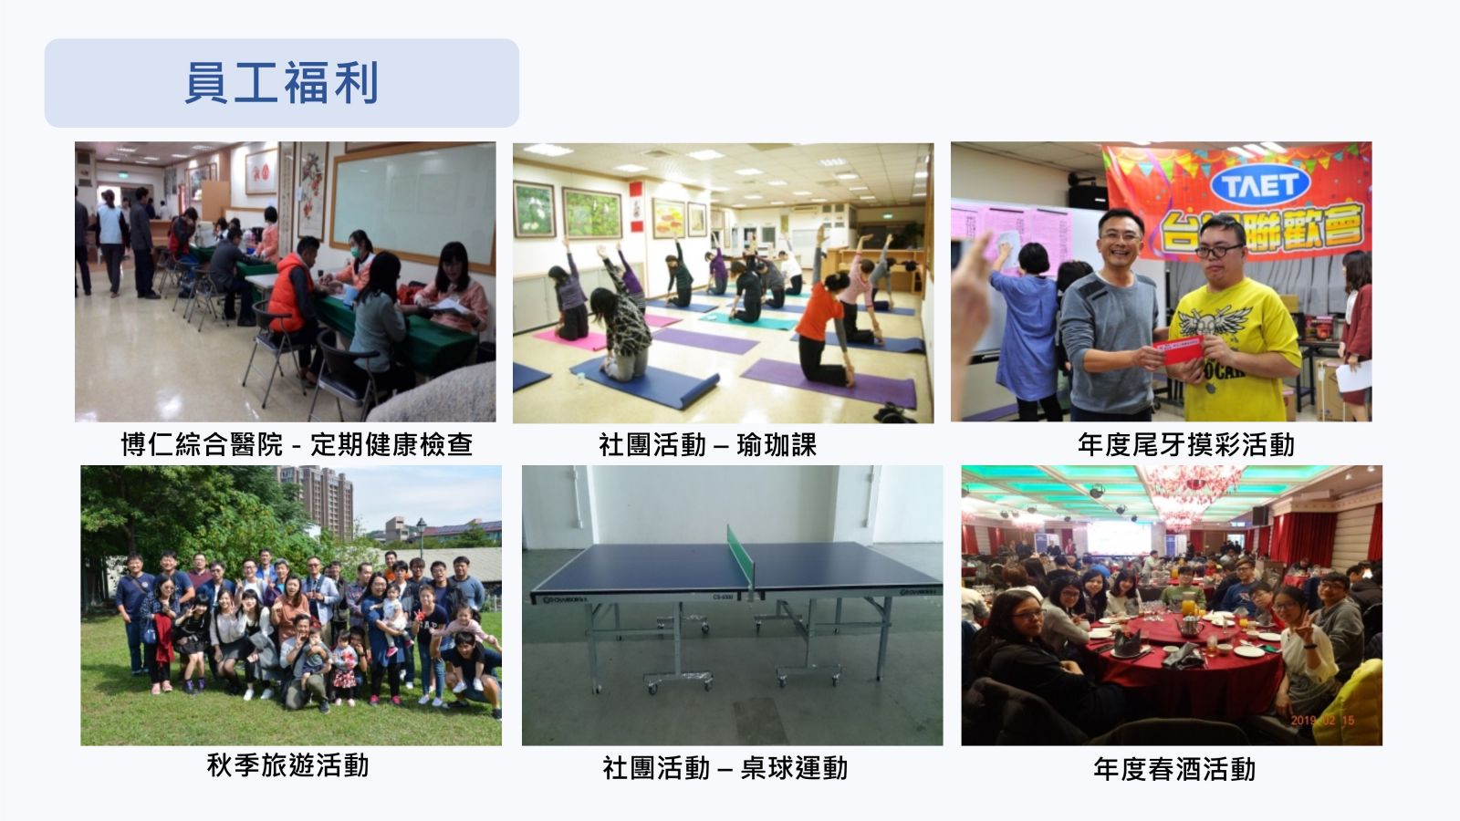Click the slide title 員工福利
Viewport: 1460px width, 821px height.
pos(282,83)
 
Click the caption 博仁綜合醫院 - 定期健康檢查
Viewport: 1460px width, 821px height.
pos(297,445)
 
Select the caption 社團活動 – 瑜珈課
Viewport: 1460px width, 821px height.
pos(707,445)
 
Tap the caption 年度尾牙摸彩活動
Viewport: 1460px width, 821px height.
pos(1185,445)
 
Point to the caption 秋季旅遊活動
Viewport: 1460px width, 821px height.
pos(288,765)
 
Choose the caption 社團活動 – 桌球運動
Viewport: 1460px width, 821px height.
pos(725,768)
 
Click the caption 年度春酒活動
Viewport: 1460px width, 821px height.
pos(1173,769)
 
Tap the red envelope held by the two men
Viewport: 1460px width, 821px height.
pos(1178,350)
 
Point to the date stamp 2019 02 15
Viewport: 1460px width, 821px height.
pos(1322,720)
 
